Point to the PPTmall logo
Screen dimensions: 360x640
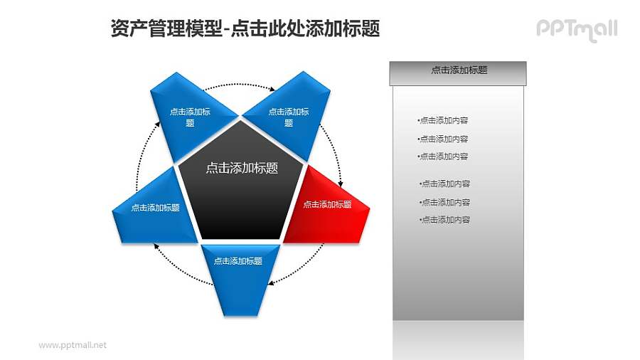pyautogui.click(x=576, y=29)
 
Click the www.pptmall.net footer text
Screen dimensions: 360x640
pyautogui.click(x=72, y=345)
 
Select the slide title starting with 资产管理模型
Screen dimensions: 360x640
pyautogui.click(x=245, y=28)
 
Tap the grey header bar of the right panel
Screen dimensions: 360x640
pyautogui.click(x=459, y=71)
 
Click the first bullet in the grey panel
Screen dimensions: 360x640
pyautogui.click(x=443, y=120)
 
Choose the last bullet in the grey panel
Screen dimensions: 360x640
pyautogui.click(x=444, y=220)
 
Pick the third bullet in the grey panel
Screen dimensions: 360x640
pyautogui.click(x=443, y=157)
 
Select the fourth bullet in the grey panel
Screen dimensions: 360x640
pyautogui.click(x=444, y=184)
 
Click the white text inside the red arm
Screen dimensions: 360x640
pyautogui.click(x=327, y=204)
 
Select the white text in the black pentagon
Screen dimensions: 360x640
pyautogui.click(x=242, y=169)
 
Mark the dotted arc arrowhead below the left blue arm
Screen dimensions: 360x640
pyautogui.click(x=156, y=245)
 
